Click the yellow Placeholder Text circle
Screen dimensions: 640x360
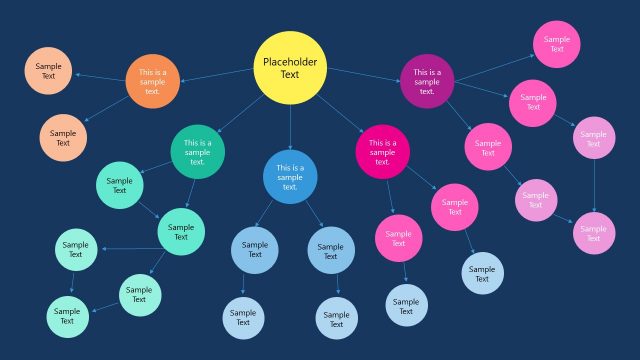[290, 68]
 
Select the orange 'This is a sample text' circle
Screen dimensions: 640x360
[152, 81]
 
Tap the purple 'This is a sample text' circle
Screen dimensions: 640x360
[427, 81]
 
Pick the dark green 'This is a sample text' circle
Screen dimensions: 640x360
[198, 151]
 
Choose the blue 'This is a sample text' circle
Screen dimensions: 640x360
[290, 177]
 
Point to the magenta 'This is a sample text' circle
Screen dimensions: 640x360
[382, 152]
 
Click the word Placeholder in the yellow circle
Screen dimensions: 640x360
[290, 62]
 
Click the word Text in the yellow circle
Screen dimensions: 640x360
[290, 75]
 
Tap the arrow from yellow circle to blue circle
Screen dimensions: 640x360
[290, 126]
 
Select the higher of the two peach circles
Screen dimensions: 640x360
[48, 70]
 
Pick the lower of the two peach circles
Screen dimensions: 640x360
[63, 138]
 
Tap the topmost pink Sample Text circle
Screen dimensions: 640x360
[557, 43]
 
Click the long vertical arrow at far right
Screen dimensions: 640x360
[595, 185]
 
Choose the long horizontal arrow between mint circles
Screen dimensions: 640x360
[128, 248]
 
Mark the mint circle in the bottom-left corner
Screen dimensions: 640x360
[67, 316]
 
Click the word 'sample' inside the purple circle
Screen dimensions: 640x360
[427, 82]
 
